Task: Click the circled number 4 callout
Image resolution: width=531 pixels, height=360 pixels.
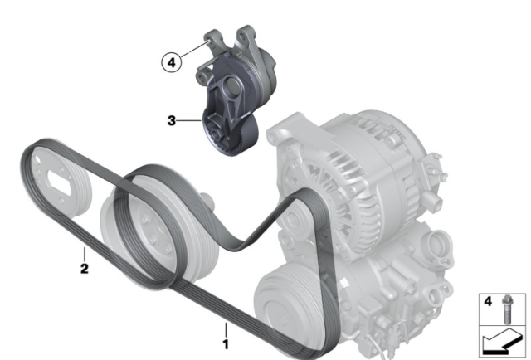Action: coord(172,63)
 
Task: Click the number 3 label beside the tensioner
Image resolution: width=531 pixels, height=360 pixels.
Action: coord(172,120)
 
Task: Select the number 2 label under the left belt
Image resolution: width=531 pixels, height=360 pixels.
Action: coord(85,269)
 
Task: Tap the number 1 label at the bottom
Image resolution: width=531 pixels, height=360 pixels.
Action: coord(226,344)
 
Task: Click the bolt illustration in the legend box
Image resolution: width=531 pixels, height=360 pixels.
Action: coord(507,309)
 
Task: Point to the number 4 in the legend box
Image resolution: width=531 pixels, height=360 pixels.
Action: coord(488,301)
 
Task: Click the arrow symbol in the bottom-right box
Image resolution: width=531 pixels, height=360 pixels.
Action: coord(503,342)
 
